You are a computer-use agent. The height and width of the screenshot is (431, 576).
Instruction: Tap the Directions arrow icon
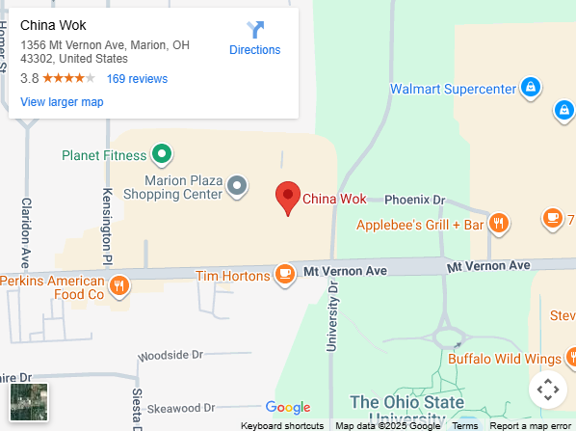(255, 30)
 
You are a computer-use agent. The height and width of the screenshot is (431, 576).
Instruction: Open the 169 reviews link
(137, 79)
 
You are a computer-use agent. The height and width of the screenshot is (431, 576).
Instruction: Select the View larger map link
(62, 102)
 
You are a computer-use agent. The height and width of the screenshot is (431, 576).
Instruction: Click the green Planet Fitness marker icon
(163, 154)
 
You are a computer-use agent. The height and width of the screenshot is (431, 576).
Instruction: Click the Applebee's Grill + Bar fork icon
(499, 225)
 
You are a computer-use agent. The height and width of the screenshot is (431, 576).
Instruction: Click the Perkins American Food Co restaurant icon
(119, 284)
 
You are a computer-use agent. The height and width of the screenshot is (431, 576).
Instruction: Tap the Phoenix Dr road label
(414, 200)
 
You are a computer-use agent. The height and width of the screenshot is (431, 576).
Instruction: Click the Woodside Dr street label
(170, 356)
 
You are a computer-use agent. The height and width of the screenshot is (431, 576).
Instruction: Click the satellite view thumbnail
(29, 401)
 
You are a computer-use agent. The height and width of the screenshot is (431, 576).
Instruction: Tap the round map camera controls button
(547, 390)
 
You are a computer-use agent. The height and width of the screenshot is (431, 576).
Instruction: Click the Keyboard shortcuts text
(282, 425)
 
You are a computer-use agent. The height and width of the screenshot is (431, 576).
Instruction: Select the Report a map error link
(530, 425)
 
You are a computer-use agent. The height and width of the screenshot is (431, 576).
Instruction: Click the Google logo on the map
(288, 408)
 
